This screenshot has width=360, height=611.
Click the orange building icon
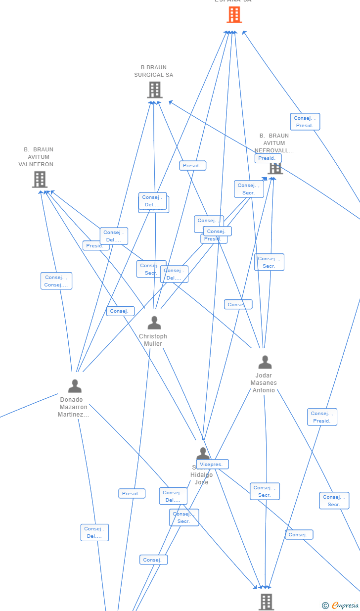tap(234, 14)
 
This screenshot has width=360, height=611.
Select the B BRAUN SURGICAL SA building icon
tap(155, 90)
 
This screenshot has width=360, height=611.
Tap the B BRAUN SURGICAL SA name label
tap(154, 71)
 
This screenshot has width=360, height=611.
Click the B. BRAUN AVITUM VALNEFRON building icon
tap(40, 179)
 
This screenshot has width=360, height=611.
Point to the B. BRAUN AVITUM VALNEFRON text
tap(39, 157)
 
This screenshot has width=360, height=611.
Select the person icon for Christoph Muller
tap(154, 323)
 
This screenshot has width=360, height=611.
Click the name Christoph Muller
tap(153, 340)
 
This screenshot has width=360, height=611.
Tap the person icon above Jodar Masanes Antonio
tap(265, 363)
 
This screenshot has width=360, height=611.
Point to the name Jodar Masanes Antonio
tap(264, 383)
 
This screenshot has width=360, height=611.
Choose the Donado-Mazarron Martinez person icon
tap(75, 386)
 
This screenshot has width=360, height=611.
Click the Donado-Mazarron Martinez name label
tap(74, 407)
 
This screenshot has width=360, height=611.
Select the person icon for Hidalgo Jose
tap(203, 453)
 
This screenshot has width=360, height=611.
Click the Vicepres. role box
tap(213, 465)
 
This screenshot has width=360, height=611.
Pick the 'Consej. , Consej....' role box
tap(56, 281)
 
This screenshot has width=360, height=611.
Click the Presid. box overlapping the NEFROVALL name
tap(268, 158)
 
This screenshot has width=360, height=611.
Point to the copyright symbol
tap(325, 605)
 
